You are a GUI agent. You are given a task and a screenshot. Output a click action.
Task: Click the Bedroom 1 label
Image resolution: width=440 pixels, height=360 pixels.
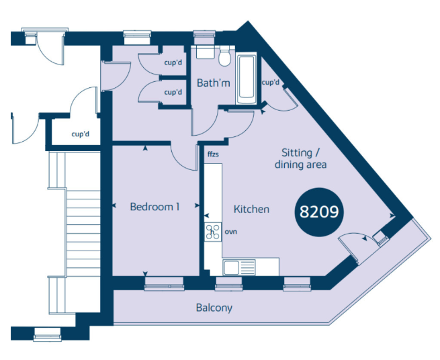pos(155,207)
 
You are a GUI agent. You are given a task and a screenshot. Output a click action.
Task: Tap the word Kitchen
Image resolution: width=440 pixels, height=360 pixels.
pos(251,209)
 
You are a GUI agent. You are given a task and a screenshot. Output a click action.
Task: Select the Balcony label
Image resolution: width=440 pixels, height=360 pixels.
pos(214,308)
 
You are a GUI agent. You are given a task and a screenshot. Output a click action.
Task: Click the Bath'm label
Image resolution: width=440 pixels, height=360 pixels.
pos(213,83)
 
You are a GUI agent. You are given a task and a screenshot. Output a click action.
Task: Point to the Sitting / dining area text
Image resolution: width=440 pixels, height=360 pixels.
pos(300,159)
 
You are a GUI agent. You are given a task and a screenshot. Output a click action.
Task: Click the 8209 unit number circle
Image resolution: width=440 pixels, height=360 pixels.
pos(319,212)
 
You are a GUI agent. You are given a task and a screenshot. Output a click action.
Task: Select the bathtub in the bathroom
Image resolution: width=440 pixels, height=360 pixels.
pos(247,79)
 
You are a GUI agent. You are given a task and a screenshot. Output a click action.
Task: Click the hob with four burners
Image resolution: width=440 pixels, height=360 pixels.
pos(213,232)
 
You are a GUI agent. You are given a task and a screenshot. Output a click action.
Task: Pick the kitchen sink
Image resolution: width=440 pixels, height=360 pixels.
pos(239,267)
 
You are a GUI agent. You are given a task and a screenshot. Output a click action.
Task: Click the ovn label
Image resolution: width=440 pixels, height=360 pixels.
pos(230,232)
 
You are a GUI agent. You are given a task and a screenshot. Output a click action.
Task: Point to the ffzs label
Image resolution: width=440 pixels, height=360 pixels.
pos(213,154)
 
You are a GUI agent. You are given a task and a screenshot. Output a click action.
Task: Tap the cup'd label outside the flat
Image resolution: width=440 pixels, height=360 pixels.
pos(80,134)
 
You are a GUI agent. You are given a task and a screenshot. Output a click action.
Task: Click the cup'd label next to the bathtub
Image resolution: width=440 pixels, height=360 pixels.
pos(271,83)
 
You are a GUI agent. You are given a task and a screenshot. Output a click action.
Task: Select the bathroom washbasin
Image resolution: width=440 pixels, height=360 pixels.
pos(205,52)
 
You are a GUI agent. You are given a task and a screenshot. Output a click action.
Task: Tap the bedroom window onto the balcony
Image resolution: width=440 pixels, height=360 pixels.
pos(164,283)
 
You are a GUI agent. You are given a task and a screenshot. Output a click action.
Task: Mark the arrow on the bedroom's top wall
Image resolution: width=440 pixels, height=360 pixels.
pos(145,148)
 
